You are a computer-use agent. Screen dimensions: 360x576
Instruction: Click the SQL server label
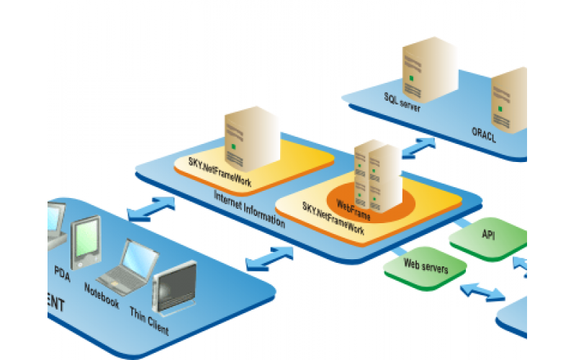pos(402,102)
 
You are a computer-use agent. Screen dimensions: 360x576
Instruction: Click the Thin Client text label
pos(150,320)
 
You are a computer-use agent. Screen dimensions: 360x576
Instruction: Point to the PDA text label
pos(62,273)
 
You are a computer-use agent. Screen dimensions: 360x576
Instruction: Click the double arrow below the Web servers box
pos(482,291)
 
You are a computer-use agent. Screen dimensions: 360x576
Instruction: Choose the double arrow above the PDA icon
pos(150,209)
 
